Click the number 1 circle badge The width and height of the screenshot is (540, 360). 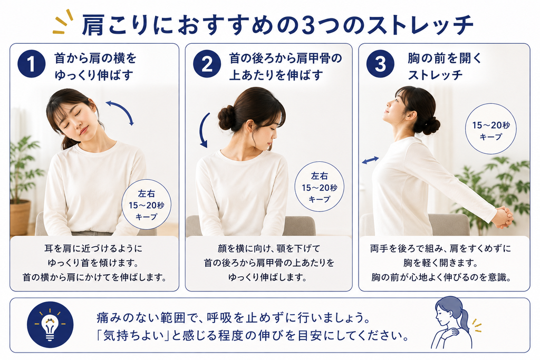coord(31,64)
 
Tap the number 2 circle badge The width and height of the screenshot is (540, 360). coord(207,64)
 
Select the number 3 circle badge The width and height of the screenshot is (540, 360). coord(380,64)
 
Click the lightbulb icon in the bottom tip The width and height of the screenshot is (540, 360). coord(50,325)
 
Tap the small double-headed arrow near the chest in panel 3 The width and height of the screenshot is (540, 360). coord(370,160)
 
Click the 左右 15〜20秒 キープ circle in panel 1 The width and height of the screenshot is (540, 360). coord(147,205)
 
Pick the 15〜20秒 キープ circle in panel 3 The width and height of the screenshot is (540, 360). coord(491,129)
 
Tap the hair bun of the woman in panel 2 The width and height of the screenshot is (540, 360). coord(226,118)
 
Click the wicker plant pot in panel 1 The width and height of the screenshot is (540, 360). coord(20,218)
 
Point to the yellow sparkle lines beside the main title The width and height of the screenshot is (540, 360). coord(63,22)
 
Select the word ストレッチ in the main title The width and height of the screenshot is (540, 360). coord(420,25)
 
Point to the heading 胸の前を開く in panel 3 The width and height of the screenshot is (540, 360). coord(445,58)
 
